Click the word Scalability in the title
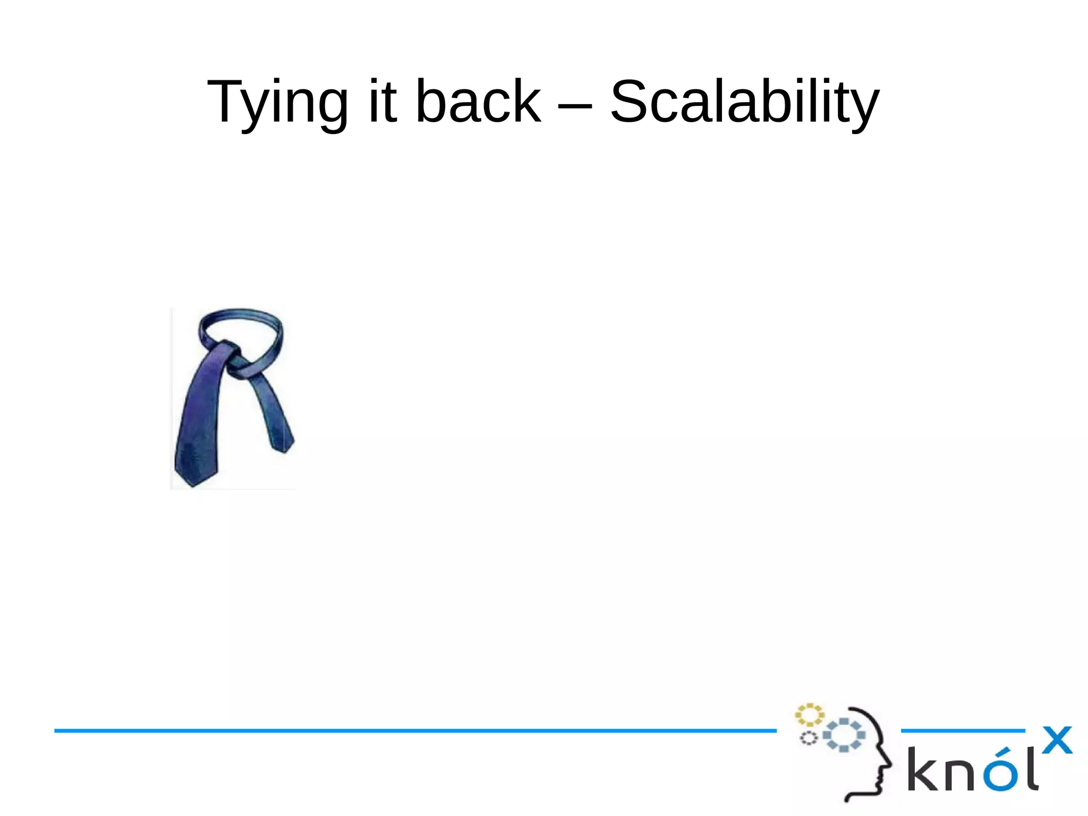744,103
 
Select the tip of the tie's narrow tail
284,449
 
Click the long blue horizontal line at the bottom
414,731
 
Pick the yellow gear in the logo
809,715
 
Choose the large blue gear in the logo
844,735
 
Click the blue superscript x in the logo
1057,741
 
